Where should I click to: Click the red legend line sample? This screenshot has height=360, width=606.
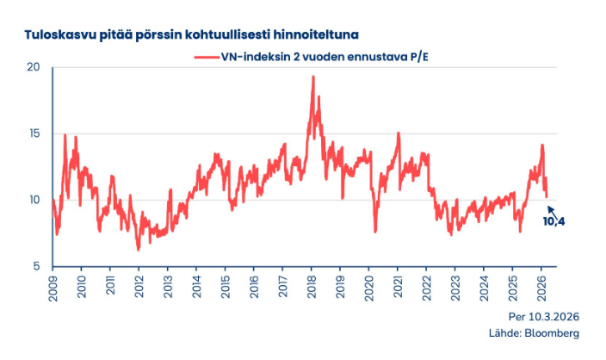[208, 56]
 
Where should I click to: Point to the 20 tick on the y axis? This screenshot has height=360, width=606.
[34, 68]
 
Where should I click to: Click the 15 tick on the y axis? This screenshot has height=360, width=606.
[34, 133]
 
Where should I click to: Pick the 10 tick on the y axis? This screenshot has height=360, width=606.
[34, 200]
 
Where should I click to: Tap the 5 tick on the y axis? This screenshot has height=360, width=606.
[37, 266]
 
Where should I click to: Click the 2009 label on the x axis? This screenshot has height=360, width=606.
[52, 287]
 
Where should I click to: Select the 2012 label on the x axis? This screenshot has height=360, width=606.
[139, 287]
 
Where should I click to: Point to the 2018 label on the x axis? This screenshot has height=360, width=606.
[311, 287]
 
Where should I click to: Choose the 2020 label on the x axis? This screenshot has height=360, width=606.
[368, 287]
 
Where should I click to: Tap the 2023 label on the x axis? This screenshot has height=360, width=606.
[454, 287]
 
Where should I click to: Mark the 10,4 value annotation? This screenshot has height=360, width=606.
[555, 221]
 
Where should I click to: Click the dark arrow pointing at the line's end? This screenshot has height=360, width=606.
[552, 209]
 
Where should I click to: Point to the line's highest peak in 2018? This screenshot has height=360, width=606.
[312, 77]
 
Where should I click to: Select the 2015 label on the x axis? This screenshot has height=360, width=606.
[225, 287]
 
